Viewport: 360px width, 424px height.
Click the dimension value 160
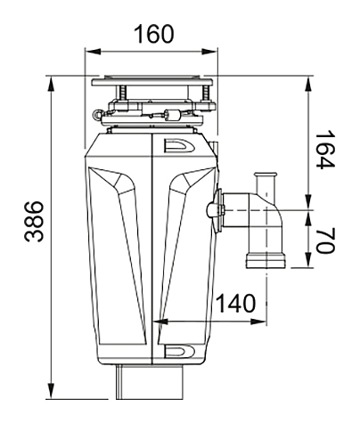coord(154,34)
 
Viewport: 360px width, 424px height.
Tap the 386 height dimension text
coord(34,222)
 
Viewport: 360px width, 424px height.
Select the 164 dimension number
coord(325,150)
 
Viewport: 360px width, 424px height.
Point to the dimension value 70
coord(325,241)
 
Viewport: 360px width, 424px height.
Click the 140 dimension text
coord(235,303)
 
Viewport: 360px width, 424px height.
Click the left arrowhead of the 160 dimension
coord(93,52)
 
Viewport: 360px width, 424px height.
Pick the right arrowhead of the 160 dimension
coord(209,52)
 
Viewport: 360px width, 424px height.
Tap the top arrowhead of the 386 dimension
coord(52,84)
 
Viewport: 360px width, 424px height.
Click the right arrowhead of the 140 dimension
coord(258,322)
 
